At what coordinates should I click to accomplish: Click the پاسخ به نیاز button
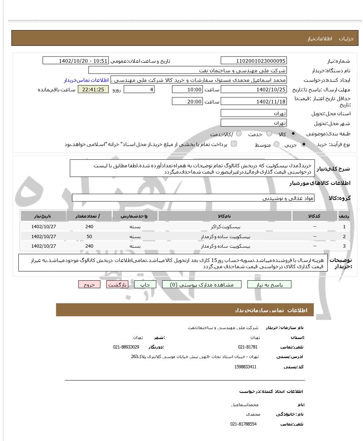tap(269, 285)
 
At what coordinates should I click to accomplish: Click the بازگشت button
tap(117, 285)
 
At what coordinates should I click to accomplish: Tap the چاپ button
tap(145, 285)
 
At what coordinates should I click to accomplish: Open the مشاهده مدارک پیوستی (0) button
tap(202, 285)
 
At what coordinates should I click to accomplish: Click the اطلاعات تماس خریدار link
tap(86, 80)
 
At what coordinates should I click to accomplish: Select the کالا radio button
tap(293, 134)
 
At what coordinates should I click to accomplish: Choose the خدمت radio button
tap(269, 134)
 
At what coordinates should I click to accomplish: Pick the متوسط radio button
tap(276, 145)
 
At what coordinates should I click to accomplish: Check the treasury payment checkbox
tap(234, 144)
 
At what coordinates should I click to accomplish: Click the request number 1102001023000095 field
tap(254, 61)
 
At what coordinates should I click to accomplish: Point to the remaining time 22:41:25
tap(93, 90)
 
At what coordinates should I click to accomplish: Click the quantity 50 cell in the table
tap(89, 237)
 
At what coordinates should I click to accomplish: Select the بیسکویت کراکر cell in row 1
tap(225, 227)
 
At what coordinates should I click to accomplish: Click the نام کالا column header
tap(225, 216)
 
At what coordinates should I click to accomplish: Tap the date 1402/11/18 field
tap(254, 102)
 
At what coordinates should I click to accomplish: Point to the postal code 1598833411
tap(245, 367)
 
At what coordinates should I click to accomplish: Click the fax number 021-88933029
tap(126, 347)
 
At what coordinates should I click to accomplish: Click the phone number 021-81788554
tap(243, 424)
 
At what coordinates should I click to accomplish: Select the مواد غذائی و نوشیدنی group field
tap(193, 198)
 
